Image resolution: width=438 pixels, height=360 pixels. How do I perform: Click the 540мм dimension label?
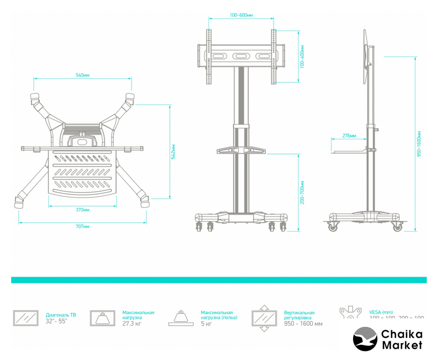[83, 75]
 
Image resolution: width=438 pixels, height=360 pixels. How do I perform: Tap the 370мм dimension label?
[82, 209]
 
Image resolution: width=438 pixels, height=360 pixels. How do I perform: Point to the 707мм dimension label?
[82, 226]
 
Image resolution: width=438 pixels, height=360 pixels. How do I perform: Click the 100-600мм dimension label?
[241, 15]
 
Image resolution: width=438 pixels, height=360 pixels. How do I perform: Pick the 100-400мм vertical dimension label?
[302, 57]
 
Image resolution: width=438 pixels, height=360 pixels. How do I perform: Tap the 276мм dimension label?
[349, 136]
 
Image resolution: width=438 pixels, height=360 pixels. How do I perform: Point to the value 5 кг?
[206, 323]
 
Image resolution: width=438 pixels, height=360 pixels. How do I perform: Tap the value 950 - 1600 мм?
[303, 323]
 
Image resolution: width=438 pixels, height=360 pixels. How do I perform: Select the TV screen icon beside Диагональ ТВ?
[25, 318]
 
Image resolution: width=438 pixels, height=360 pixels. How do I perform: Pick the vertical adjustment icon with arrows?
[264, 318]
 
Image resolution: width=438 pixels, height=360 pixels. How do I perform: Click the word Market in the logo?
[401, 345]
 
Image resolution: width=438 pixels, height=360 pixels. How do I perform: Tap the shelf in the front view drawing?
[241, 150]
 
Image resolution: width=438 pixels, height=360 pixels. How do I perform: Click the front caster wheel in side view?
[333, 227]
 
